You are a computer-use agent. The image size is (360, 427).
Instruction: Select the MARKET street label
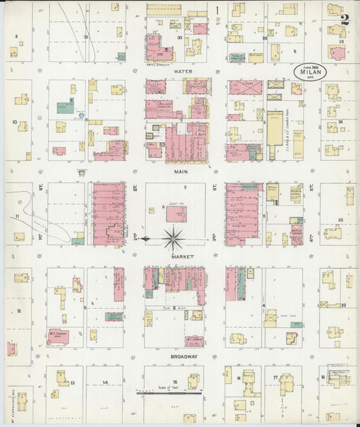coord(182,257)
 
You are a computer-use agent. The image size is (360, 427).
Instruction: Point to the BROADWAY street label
coord(184,356)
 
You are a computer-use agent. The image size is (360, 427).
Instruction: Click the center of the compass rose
coord(174,238)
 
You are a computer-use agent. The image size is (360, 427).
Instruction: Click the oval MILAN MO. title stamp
coord(310,71)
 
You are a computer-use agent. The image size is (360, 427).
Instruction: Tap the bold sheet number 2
coord(345,18)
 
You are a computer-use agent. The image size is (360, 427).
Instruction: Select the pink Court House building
coord(176,214)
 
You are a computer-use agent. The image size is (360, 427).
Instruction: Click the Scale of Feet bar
coord(169,393)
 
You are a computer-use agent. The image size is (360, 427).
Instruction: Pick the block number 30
coord(180,38)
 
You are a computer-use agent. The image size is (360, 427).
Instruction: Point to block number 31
coord(86,36)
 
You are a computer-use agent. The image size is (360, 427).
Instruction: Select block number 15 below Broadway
coord(175,382)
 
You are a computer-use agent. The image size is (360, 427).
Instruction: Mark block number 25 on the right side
coord(341,220)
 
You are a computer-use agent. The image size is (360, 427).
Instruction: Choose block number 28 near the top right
coord(342,41)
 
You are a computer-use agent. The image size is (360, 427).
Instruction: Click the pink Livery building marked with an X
coord(245,87)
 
